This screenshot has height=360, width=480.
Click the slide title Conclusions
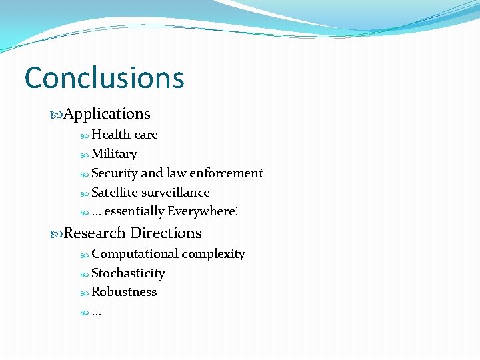tap(104, 77)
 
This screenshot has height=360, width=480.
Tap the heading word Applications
tap(107, 114)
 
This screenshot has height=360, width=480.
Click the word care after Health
tap(146, 134)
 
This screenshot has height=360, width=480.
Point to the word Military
tap(114, 154)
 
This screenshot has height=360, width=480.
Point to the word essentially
tap(134, 212)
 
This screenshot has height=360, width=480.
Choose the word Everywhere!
tap(203, 212)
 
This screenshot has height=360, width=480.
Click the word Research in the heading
tap(95, 233)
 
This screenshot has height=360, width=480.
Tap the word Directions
tap(166, 233)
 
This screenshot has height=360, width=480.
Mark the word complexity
tap(213, 254)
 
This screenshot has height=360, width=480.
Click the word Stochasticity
tap(128, 273)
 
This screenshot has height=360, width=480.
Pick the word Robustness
tap(124, 292)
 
